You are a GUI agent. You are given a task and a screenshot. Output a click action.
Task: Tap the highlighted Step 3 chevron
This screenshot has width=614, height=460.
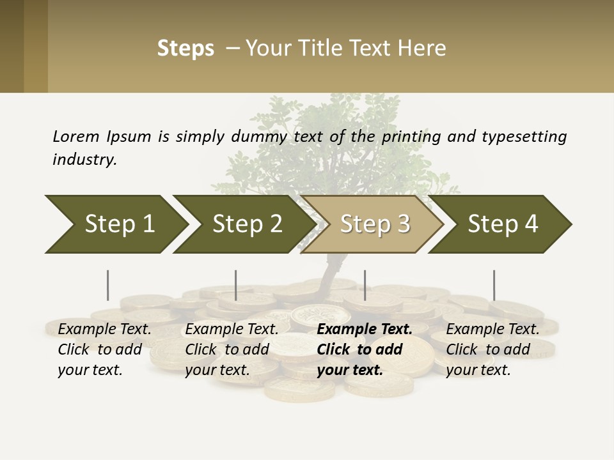375,224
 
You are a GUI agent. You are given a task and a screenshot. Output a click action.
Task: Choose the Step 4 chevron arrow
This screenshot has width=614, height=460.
503,224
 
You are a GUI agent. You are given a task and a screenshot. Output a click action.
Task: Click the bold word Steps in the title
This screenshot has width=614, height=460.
185,49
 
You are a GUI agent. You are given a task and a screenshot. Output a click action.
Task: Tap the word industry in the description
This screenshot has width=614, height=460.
84,159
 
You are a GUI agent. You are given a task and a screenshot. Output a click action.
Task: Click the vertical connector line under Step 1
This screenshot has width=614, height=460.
108,285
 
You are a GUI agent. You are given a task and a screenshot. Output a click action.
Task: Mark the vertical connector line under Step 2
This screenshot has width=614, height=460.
236,285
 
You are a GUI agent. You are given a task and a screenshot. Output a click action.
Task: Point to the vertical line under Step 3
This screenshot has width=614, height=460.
365,285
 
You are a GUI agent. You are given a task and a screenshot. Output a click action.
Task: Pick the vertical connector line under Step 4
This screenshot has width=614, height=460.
494,285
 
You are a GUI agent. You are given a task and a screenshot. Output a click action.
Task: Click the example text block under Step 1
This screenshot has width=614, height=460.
104,349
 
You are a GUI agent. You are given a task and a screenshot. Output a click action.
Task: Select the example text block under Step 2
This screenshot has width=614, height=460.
232,349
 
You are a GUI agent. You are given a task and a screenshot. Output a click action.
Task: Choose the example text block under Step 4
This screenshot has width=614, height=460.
492,349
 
